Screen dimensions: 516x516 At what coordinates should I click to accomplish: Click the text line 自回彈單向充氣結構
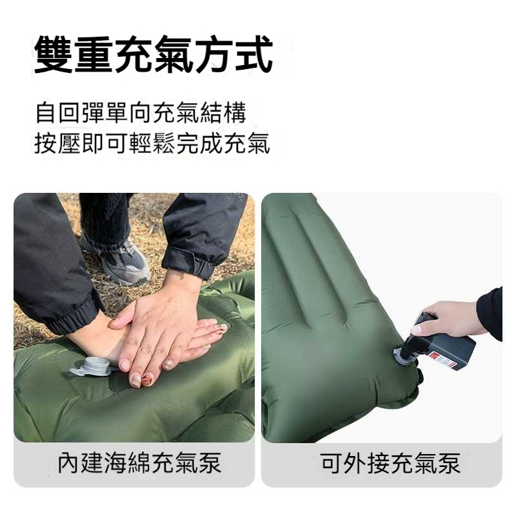141,113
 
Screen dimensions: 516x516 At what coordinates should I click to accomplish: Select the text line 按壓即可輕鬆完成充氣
152,143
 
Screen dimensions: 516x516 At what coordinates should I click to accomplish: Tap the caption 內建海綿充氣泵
139,463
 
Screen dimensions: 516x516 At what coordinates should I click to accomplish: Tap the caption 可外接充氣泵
390,463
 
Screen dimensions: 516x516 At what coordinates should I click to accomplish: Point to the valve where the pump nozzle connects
402,356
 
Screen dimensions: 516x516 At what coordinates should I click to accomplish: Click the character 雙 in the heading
54,54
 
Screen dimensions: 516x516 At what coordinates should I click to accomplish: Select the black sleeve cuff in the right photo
490,313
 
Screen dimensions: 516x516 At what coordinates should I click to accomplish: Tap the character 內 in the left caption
69,463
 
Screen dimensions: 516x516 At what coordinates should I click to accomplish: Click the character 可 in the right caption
332,463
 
